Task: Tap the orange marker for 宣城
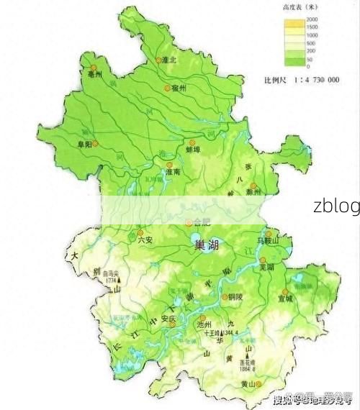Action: coord(284,292)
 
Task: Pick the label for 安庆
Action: coord(168,318)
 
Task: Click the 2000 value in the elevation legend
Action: coord(311,18)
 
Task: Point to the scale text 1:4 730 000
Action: coord(312,79)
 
